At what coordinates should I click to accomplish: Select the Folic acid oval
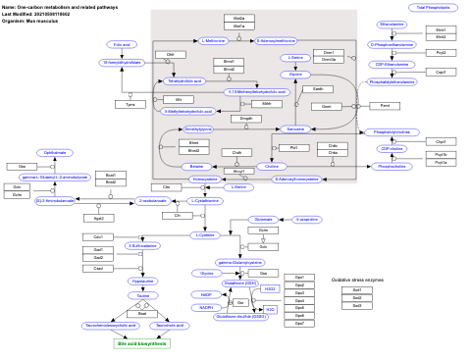click(x=122, y=44)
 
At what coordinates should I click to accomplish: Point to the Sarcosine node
click(x=294, y=129)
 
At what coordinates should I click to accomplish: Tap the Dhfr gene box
click(x=171, y=54)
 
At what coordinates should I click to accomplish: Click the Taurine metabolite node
click(x=143, y=267)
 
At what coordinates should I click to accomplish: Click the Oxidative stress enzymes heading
click(x=357, y=281)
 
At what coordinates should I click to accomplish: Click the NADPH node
click(x=207, y=307)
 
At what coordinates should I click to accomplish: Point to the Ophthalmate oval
click(x=55, y=152)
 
